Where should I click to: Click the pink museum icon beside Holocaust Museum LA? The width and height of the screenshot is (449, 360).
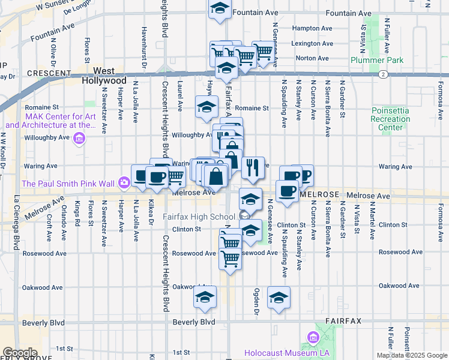click(x=313, y=339)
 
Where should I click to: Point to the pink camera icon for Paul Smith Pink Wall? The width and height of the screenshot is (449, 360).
click(x=124, y=182)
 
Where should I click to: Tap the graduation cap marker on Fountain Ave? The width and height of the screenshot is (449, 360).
click(x=220, y=9)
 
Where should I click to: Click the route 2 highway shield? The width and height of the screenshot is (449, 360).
click(x=382, y=74)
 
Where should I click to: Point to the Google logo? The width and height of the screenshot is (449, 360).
click(x=20, y=353)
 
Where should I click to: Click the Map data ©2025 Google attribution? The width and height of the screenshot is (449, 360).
click(x=412, y=355)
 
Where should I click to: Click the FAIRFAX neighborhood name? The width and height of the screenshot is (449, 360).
click(x=344, y=321)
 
